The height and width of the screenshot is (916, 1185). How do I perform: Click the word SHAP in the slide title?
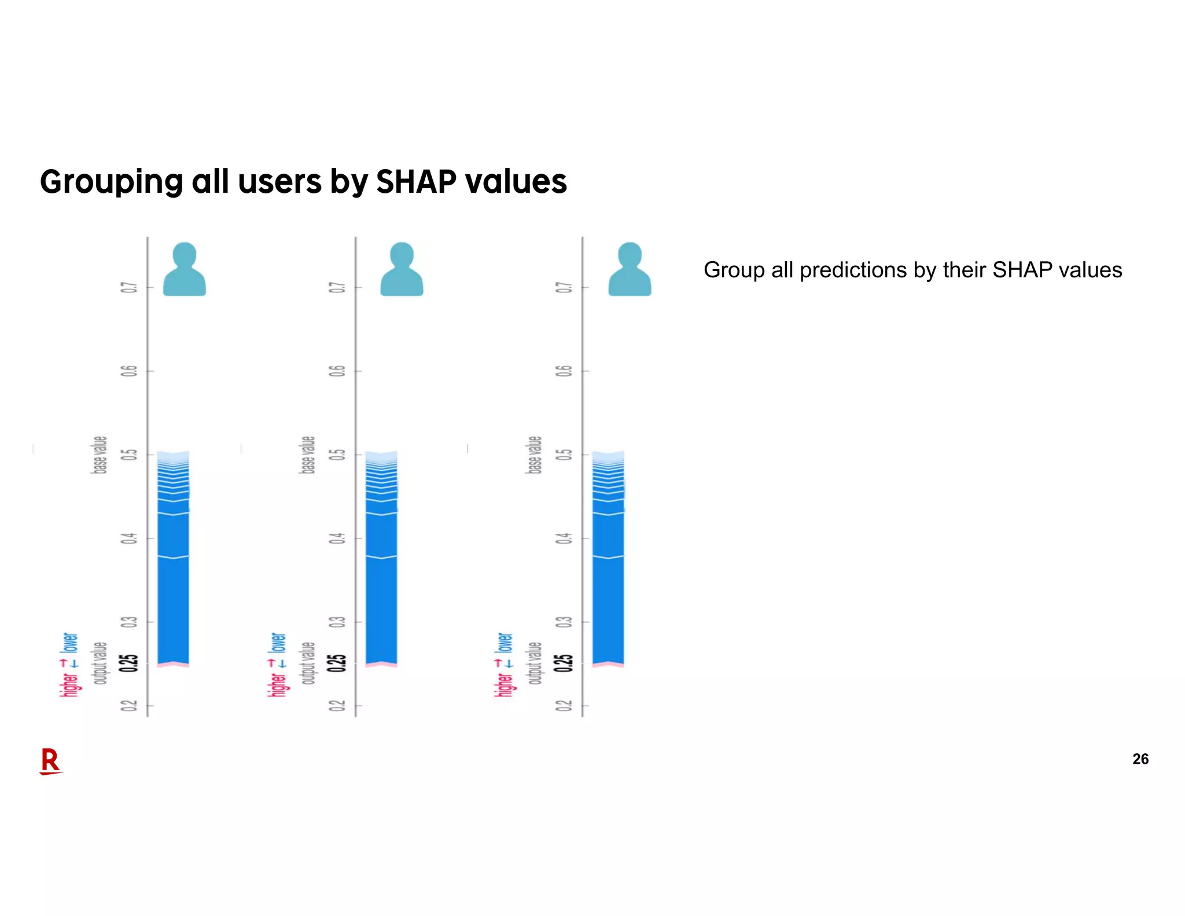click(416, 182)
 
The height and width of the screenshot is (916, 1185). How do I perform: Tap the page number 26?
click(1140, 759)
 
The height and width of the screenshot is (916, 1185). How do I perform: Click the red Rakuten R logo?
click(50, 761)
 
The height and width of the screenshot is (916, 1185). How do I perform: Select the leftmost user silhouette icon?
click(184, 270)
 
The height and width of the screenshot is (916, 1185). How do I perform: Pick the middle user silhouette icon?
click(402, 270)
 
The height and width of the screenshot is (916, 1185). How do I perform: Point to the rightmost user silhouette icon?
click(630, 270)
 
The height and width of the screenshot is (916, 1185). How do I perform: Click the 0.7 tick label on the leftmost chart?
click(129, 287)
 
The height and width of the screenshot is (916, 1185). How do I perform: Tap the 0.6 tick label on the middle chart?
click(337, 371)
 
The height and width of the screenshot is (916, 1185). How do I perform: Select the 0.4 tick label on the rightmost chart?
click(564, 538)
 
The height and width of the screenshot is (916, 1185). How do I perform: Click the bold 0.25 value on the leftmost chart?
click(129, 663)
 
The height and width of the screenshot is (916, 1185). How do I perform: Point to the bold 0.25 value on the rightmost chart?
click(564, 663)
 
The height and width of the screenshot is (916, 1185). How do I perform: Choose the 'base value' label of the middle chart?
click(308, 455)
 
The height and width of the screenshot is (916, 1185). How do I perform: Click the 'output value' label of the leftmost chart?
click(100, 663)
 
